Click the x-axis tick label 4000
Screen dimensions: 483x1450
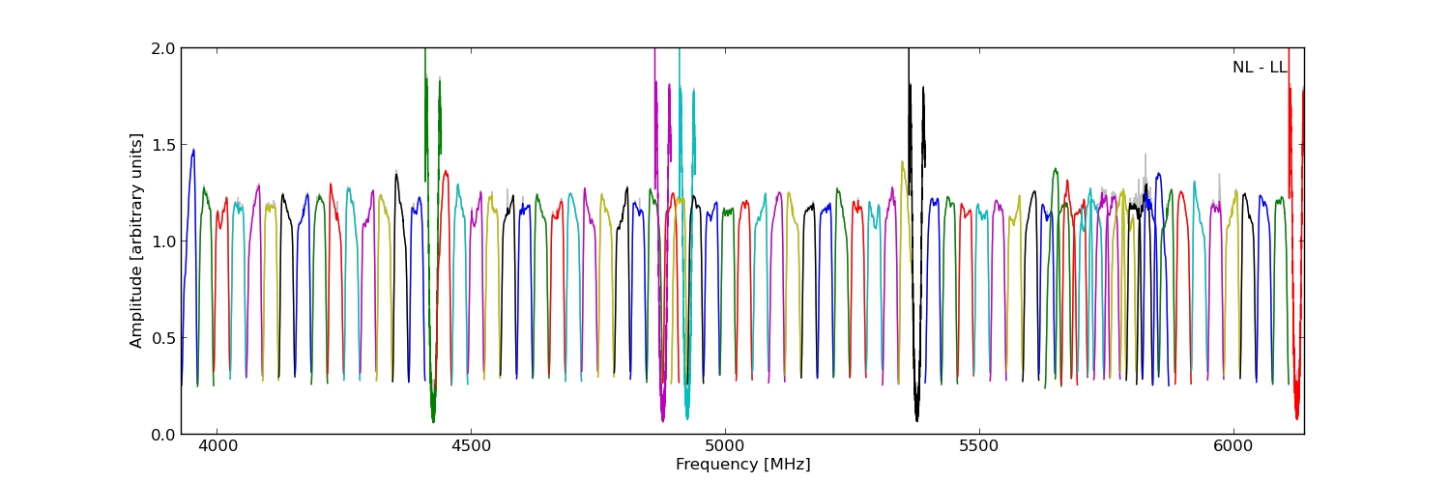point(217,447)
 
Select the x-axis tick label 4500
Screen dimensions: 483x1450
point(471,447)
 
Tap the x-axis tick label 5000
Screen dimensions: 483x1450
point(725,447)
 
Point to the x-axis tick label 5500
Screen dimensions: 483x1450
point(979,447)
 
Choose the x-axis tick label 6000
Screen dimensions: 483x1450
point(1233,447)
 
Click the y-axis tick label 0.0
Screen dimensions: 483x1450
point(164,434)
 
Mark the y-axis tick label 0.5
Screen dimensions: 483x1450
point(164,337)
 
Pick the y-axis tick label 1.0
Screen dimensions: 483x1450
point(164,241)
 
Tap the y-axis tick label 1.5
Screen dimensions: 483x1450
point(164,144)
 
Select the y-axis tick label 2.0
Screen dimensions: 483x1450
point(164,48)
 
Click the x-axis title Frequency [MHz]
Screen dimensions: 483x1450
point(742,465)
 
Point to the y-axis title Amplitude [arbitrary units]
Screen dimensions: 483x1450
point(137,241)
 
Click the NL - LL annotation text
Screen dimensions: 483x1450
point(1259,68)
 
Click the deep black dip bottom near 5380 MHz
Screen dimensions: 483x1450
point(916,418)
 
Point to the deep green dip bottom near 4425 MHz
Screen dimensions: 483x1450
point(433,420)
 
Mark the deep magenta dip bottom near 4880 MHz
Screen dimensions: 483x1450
point(662,419)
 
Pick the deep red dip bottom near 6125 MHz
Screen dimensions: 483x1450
point(1296,417)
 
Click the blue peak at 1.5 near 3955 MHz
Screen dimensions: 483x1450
point(193,150)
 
